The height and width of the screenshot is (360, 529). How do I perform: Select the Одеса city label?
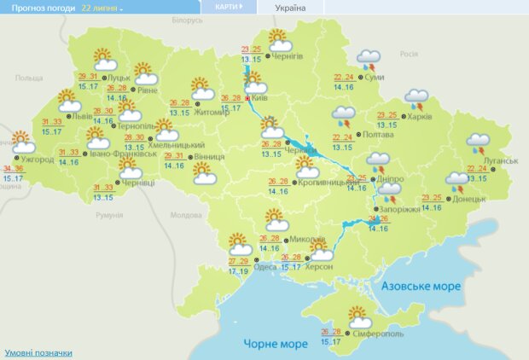click(243, 266)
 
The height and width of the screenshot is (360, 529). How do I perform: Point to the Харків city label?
click(419, 117)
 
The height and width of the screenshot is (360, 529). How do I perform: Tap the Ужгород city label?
click(37, 160)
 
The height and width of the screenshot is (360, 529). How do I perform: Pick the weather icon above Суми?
click(369, 60)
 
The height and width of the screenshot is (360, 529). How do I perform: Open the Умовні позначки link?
click(38, 352)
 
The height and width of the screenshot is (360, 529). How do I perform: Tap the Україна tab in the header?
click(289, 7)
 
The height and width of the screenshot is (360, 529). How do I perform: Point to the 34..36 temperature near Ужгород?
click(14, 169)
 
